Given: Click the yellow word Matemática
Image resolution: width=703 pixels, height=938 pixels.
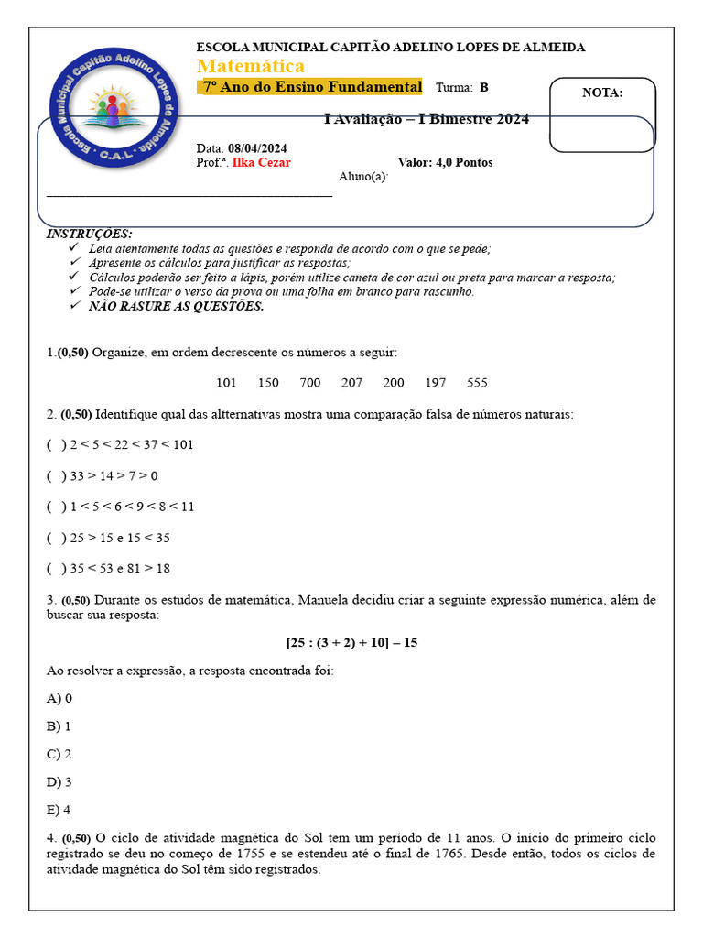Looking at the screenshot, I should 251,67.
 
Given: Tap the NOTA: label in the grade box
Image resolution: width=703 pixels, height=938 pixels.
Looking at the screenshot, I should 601,93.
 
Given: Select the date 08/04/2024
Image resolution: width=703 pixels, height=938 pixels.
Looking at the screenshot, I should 257,148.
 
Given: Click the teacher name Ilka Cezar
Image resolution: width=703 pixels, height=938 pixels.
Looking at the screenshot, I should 261,163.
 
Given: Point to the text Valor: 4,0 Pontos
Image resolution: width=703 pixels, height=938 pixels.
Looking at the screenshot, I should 445,163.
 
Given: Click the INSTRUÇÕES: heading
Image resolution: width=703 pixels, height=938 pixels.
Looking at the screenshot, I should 89,234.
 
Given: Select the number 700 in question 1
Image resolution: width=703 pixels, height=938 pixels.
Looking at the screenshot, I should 310,383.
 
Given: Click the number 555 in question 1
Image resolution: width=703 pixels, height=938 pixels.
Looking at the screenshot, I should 477,383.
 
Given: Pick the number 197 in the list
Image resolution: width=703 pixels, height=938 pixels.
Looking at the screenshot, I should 436,383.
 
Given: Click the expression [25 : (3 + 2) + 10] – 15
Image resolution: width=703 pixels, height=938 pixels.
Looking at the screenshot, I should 351,643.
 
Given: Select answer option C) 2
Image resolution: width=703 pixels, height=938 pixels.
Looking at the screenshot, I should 59,755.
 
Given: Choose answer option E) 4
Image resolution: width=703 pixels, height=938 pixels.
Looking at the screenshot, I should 59,811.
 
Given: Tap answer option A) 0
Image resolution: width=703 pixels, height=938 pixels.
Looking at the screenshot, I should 59,699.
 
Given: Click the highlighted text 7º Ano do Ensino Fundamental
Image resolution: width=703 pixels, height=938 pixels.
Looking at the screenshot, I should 311,87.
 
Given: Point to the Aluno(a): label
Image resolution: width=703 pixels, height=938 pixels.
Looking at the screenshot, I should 363,177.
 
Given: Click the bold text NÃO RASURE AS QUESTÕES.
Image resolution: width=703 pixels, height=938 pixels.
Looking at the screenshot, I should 176,307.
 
